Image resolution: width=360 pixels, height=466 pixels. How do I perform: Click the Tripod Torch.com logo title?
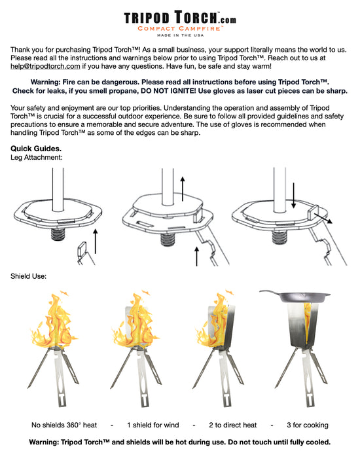(x=179, y=18)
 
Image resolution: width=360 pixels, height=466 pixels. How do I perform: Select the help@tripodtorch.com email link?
(x=45, y=66)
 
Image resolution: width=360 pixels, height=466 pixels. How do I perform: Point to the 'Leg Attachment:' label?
(x=37, y=158)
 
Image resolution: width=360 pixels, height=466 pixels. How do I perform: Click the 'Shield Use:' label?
(x=29, y=276)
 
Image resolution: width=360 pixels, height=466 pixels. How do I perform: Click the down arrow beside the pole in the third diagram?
(x=294, y=194)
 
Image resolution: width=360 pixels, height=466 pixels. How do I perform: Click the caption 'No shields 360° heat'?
(x=64, y=425)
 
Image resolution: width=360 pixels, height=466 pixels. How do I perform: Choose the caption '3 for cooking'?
(x=303, y=425)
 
